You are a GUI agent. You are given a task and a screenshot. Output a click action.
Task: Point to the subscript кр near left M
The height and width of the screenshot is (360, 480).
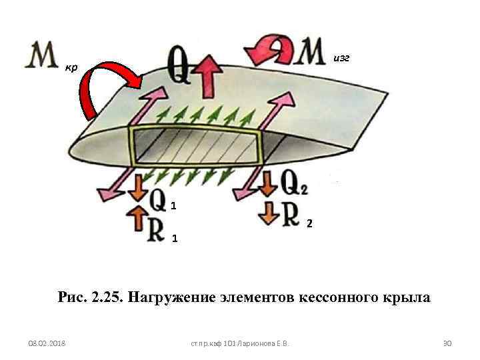pos(71,67)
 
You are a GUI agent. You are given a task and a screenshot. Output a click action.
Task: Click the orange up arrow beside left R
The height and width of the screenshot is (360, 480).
pos(137,218)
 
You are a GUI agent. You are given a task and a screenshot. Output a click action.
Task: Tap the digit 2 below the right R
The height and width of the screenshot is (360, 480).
pos(309,222)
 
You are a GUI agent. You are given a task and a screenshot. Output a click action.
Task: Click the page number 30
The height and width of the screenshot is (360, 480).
pos(448,343)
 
